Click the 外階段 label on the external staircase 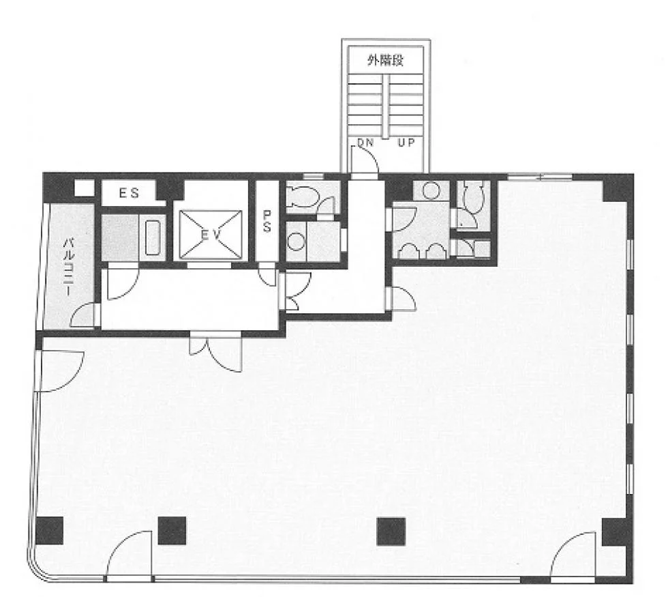tap(385, 61)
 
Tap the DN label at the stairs tap(365, 143)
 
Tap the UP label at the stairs tap(406, 143)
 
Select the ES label tap(129, 193)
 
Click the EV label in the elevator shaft tap(211, 235)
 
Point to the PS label tap(267, 221)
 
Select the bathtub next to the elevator tap(153, 237)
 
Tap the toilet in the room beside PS tap(303, 196)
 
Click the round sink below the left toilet tap(296, 242)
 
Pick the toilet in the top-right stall tap(472, 196)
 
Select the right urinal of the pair tap(436, 251)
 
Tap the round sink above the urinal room tap(431, 190)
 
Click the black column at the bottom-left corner tap(49, 531)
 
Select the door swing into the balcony tap(82, 315)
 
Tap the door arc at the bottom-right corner tap(573, 555)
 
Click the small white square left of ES tap(84, 188)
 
